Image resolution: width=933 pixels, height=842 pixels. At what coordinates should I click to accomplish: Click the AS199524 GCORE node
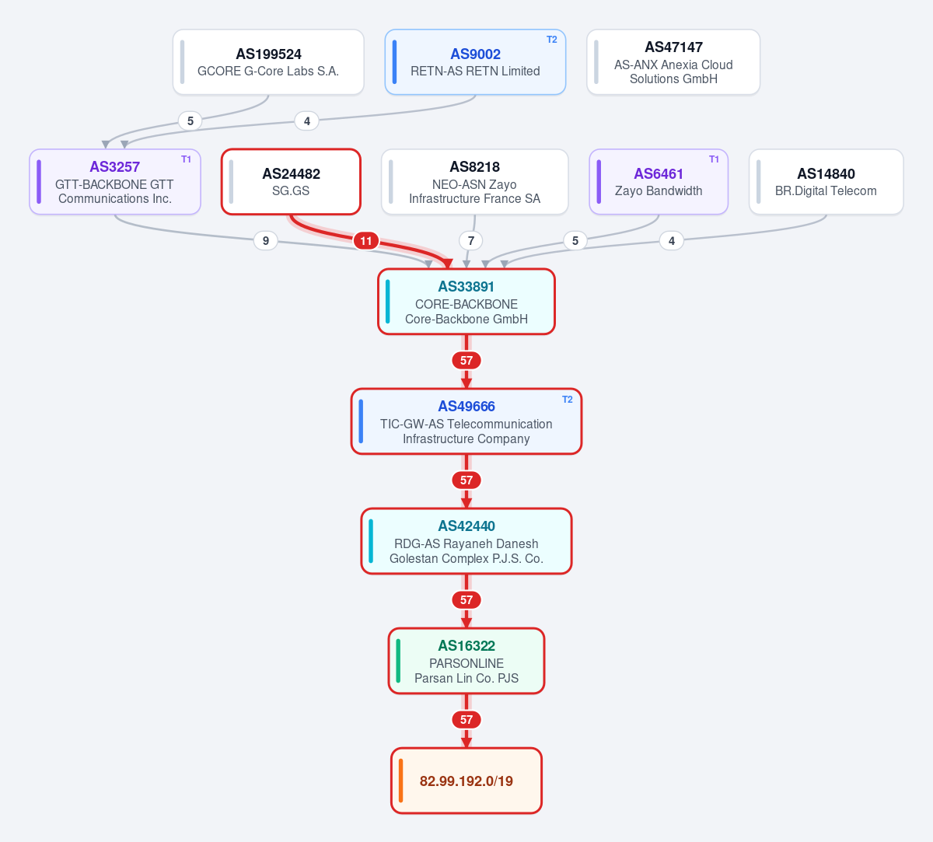point(268,62)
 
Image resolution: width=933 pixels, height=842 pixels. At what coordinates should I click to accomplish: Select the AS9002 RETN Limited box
point(475,62)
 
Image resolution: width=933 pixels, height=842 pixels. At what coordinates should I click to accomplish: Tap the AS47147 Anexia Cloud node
point(673,62)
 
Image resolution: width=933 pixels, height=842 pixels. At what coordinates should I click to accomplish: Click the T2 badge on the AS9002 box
point(551,40)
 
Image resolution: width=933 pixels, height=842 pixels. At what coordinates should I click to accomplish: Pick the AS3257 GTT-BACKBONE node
point(115,182)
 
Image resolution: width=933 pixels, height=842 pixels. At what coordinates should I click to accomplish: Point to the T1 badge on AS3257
point(186,159)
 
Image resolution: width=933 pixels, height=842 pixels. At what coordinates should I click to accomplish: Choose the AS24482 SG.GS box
point(291,182)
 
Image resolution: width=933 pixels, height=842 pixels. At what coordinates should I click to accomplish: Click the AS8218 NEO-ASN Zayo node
point(475,182)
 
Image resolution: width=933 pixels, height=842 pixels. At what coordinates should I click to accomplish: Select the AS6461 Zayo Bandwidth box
point(659,182)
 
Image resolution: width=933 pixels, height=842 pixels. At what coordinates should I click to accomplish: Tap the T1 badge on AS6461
point(714,159)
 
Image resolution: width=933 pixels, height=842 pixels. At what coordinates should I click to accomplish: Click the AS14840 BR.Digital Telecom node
point(826,182)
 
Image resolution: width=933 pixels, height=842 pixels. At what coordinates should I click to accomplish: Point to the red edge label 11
point(366,241)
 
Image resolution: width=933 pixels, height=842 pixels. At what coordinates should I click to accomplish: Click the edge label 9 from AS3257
point(266,241)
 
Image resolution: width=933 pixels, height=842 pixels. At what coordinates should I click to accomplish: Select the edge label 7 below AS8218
point(470,241)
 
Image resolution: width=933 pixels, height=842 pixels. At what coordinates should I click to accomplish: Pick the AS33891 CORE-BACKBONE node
point(466,302)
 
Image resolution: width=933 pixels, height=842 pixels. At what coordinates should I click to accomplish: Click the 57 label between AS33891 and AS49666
point(466,361)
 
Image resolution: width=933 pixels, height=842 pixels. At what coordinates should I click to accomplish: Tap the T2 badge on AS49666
point(568,400)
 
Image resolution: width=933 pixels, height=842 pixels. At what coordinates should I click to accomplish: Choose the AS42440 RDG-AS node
point(466,541)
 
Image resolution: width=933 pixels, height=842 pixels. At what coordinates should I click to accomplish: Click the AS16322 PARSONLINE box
point(466,661)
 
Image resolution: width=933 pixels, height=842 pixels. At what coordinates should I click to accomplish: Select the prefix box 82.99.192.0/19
point(466,781)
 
